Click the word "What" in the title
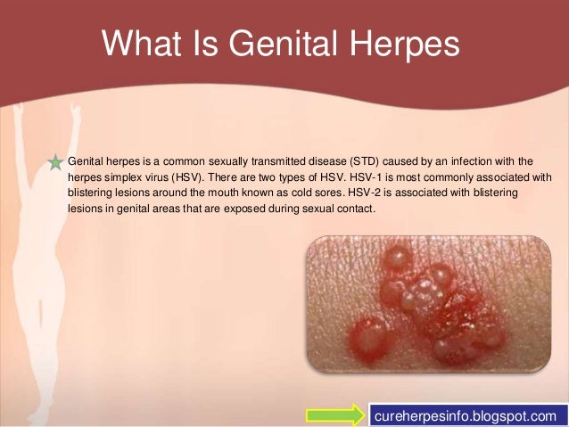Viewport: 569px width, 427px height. (142, 43)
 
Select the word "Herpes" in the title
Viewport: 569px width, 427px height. (405, 45)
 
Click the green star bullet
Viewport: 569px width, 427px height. (55, 162)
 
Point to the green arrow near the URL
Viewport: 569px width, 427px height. (335, 415)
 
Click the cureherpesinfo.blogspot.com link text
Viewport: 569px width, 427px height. (466, 415)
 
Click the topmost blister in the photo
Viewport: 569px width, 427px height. (397, 259)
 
